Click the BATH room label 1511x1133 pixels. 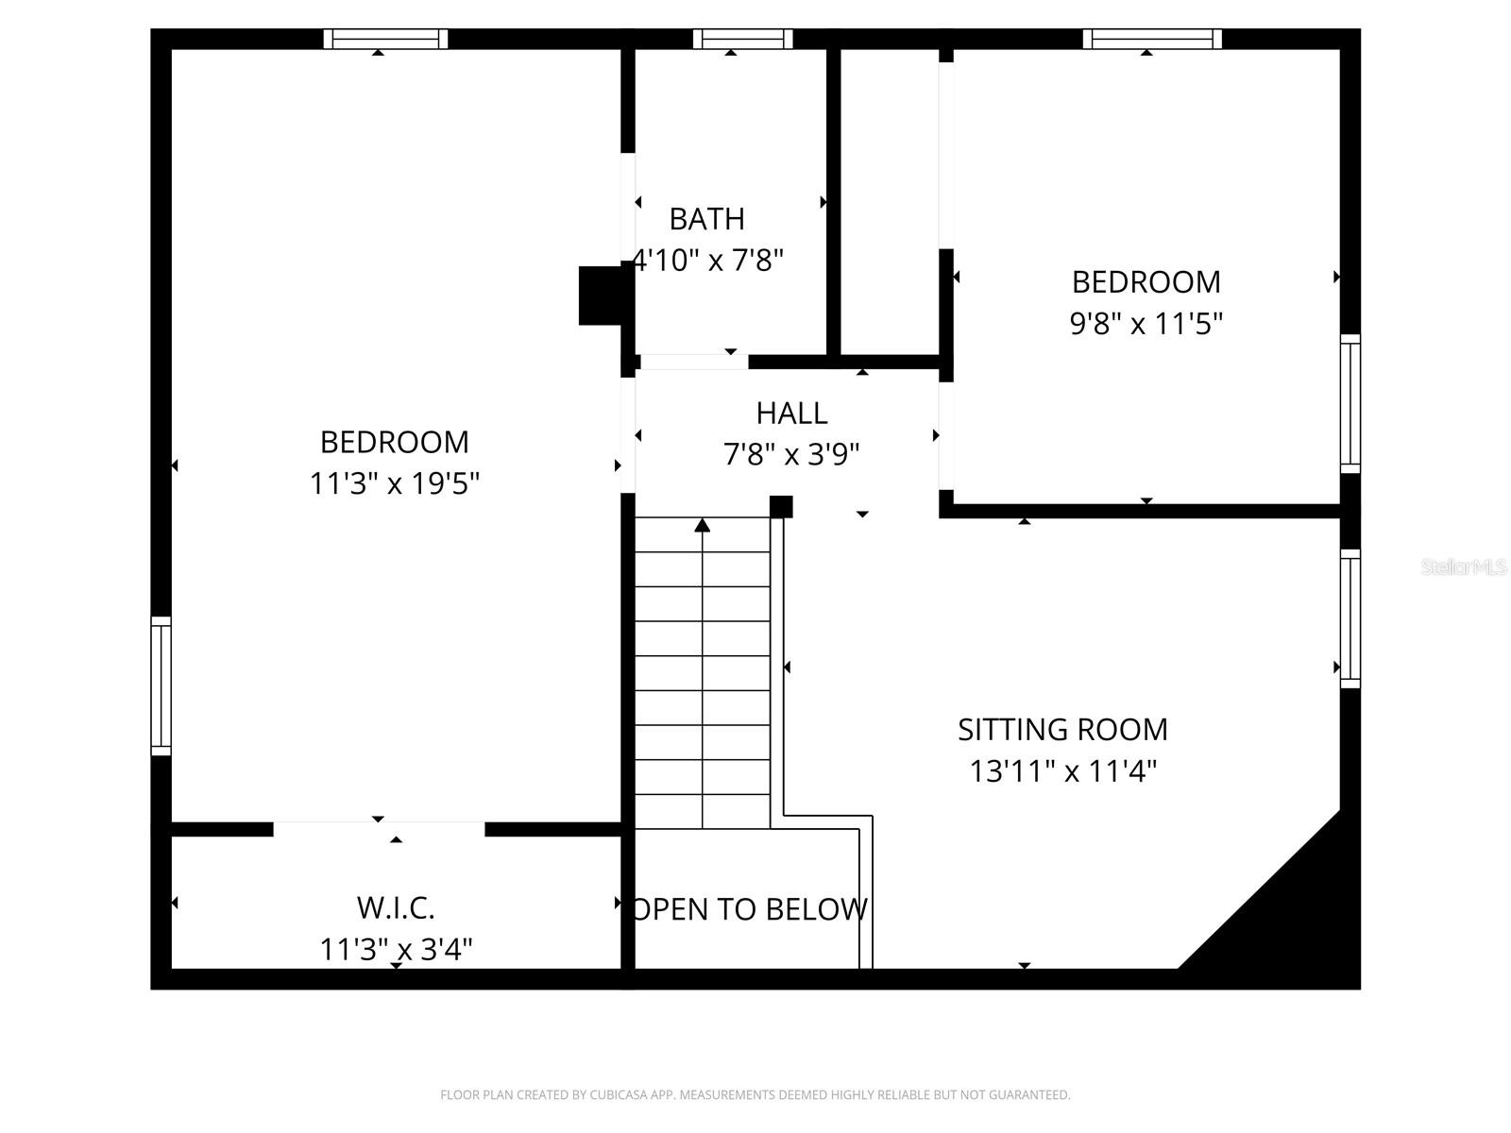[x=706, y=219]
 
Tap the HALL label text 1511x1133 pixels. [x=791, y=413]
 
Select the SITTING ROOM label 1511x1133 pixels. [x=1062, y=729]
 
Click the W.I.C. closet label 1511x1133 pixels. [x=396, y=907]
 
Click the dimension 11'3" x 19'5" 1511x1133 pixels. [x=395, y=483]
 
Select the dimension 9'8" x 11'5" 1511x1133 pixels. [x=1146, y=324]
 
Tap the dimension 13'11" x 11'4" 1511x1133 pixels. [x=1062, y=771]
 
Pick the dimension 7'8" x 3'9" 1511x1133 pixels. [x=791, y=455]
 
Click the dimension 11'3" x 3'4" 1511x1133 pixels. [x=396, y=948]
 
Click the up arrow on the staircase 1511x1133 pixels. [x=702, y=525]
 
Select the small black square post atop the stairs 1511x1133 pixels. [x=781, y=507]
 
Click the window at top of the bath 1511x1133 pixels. [x=742, y=39]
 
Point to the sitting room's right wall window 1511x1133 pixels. [x=1350, y=618]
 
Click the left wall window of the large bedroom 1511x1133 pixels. [x=161, y=685]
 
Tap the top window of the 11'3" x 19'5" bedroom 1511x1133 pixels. [x=385, y=39]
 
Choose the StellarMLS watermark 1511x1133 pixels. [x=1464, y=566]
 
